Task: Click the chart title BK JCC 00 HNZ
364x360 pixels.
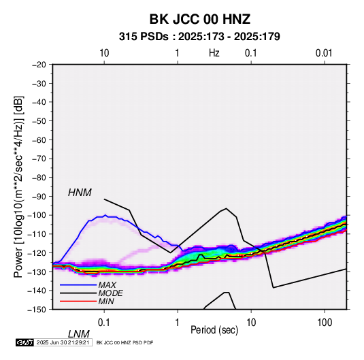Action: point(200,19)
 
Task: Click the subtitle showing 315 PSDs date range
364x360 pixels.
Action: point(199,37)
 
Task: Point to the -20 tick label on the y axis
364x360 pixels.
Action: point(39,65)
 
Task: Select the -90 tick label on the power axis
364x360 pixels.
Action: point(39,197)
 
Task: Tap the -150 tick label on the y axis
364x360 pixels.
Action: point(37,310)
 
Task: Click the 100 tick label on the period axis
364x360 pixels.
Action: point(325,323)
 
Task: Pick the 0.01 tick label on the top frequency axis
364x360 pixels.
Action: point(324,53)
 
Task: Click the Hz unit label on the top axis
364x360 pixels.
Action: point(214,53)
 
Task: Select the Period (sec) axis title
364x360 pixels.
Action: point(214,330)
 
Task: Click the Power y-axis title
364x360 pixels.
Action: point(18,186)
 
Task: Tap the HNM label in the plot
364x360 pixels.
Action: point(80,193)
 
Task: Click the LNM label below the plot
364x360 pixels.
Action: point(78,334)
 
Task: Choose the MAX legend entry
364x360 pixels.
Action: point(107,285)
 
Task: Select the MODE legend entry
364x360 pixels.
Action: point(110,293)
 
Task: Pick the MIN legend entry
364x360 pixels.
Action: point(106,301)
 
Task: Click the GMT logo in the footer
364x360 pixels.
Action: point(25,342)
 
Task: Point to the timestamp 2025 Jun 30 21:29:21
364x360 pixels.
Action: point(63,342)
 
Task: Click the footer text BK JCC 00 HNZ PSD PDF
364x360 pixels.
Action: point(125,342)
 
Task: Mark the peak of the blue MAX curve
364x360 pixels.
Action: point(105,215)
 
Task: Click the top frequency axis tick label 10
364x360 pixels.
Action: point(104,53)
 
